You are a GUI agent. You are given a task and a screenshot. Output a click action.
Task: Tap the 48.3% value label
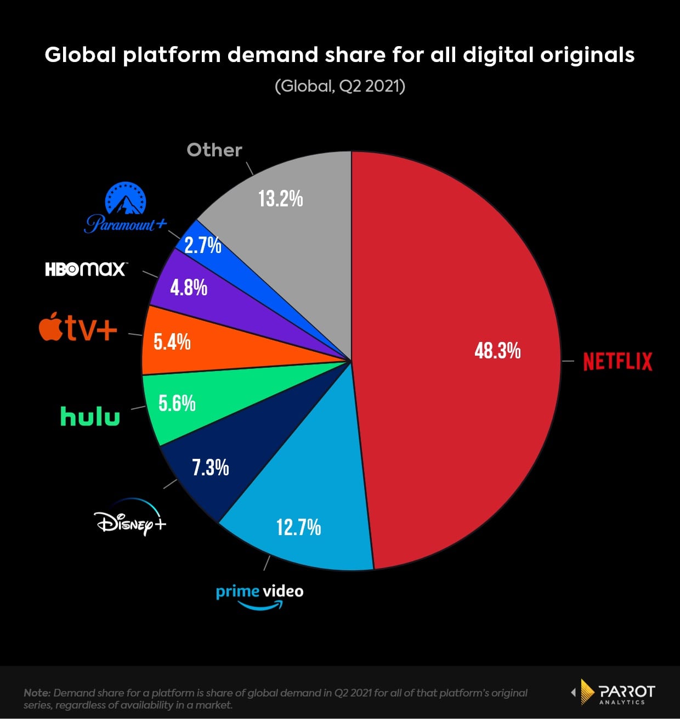click(497, 350)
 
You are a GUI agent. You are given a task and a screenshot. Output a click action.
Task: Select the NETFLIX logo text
click(617, 362)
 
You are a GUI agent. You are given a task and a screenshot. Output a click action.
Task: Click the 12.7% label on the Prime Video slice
click(298, 527)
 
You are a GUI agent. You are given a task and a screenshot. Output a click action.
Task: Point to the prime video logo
click(259, 596)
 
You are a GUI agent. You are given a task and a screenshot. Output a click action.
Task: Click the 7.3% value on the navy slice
click(210, 468)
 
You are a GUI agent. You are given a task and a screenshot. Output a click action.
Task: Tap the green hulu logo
click(90, 417)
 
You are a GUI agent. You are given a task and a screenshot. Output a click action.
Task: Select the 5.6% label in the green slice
click(177, 403)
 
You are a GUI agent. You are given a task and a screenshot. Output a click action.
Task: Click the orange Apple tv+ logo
click(78, 328)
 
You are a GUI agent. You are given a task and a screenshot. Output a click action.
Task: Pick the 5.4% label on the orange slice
click(172, 342)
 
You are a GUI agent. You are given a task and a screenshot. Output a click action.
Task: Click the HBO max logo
click(86, 269)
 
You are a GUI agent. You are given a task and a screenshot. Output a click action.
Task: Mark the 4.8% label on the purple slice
click(188, 288)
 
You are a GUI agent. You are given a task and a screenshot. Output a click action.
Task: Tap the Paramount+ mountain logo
click(126, 209)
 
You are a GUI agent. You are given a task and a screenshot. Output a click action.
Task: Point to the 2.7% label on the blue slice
click(202, 245)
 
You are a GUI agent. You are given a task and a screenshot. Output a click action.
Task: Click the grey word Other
click(214, 150)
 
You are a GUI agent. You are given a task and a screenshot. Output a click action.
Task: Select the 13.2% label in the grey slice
click(280, 199)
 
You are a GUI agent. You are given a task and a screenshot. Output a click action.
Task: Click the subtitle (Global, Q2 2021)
click(340, 86)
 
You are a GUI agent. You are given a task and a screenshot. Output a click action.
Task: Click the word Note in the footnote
click(36, 693)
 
